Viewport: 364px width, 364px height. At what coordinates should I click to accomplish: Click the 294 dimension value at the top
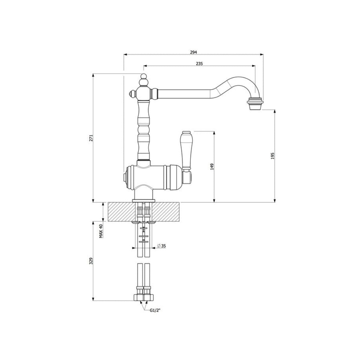click(x=193, y=52)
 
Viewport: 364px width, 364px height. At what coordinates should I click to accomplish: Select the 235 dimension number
click(x=199, y=64)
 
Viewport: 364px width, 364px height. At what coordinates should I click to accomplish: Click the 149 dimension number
click(x=212, y=166)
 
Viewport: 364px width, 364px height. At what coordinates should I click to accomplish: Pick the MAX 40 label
click(x=101, y=231)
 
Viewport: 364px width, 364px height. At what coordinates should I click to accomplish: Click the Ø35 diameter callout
click(x=162, y=246)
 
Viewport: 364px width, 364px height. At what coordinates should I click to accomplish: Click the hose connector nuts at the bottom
click(x=144, y=297)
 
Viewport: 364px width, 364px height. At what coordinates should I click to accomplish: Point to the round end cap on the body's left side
click(x=125, y=177)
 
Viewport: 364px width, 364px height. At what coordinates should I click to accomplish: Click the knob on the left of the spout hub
click(x=132, y=93)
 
